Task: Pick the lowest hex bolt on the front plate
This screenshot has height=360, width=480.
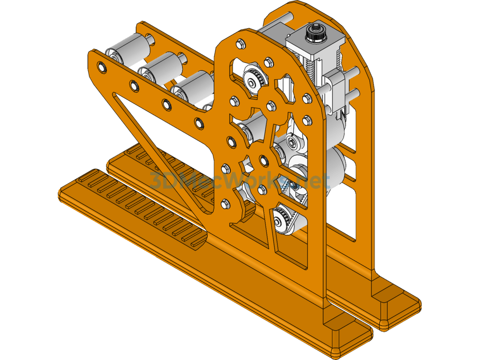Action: point(225,203)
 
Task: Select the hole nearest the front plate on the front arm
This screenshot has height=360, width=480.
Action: point(199,123)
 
